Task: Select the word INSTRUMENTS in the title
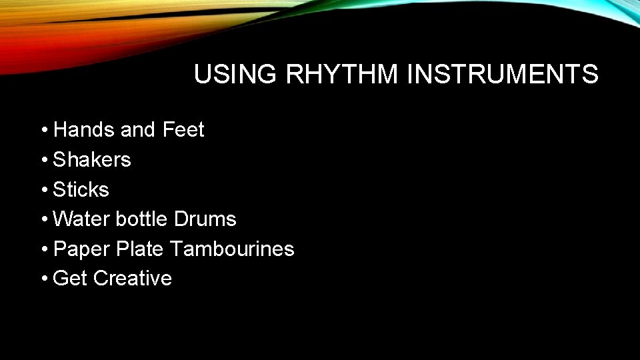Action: click(x=502, y=75)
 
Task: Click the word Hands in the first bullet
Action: click(x=84, y=130)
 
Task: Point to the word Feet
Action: click(x=183, y=130)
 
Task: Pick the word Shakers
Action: click(x=92, y=160)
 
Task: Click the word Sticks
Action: click(x=81, y=190)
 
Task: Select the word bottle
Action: click(x=141, y=219)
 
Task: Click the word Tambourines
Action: click(x=231, y=249)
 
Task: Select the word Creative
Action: click(x=132, y=279)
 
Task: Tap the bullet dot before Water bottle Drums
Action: click(x=43, y=220)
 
